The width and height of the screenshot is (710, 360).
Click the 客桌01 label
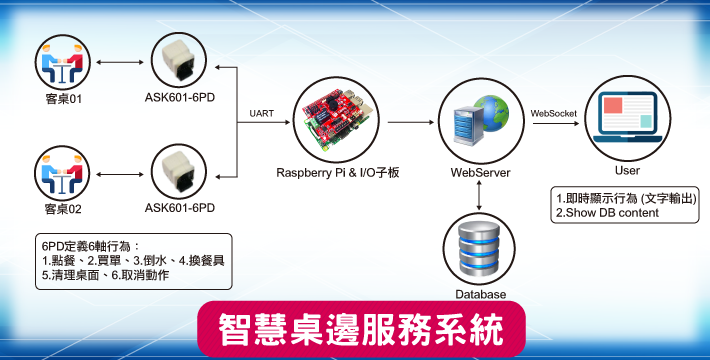(64, 98)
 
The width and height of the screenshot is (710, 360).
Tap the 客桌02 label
(63, 209)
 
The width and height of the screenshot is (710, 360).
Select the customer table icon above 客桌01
(62, 62)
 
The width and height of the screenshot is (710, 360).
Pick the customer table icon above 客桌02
(62, 173)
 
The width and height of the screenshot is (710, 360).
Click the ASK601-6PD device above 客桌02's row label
(179, 172)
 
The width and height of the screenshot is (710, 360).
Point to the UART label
(262, 113)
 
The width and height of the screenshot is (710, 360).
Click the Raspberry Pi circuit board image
(336, 120)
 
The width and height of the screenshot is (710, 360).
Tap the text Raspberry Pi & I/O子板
(337, 173)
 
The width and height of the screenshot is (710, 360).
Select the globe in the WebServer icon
(491, 113)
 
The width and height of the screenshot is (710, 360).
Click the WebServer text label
(480, 173)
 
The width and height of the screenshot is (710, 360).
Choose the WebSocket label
(554, 113)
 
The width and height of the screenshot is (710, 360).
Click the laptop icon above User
(628, 117)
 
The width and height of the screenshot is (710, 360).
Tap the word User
(627, 170)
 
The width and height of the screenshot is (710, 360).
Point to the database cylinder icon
(479, 249)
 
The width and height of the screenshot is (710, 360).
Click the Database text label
(480, 294)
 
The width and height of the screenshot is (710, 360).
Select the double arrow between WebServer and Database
(479, 195)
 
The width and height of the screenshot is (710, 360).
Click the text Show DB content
(612, 212)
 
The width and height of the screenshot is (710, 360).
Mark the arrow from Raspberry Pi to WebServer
(411, 122)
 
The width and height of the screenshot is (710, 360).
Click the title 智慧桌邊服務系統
(361, 329)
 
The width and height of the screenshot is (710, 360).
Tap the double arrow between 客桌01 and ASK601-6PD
(120, 62)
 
